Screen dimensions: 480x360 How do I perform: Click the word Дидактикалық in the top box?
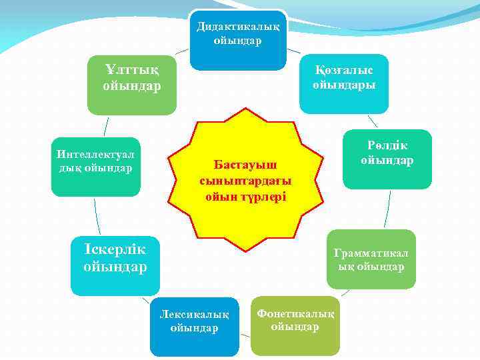coord(238,27)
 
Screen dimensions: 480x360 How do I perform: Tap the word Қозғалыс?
coord(344,71)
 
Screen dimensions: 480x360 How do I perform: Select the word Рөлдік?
coord(387,145)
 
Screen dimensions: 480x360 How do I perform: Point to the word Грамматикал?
coord(371,253)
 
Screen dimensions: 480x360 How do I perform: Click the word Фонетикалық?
coord(295,314)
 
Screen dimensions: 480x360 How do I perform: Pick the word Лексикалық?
coord(195,315)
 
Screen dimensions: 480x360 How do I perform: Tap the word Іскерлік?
coord(115,249)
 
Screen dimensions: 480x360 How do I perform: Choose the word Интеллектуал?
coord(95,154)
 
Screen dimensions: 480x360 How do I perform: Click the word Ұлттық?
coord(132,70)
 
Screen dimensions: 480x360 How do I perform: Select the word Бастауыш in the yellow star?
coord(245,165)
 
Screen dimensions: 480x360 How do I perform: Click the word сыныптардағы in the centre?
coord(245,181)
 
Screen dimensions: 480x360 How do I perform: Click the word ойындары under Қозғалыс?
coord(344,85)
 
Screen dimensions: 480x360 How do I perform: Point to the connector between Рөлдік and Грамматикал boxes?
coord(387,209)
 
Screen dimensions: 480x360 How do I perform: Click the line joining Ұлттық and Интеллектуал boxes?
coord(106,127)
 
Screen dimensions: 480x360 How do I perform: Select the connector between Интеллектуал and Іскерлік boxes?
coord(97,217)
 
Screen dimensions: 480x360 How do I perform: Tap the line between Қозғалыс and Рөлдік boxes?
coord(373,121)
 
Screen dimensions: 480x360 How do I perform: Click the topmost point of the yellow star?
coord(245,108)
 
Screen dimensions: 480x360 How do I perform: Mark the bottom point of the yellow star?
coord(245,251)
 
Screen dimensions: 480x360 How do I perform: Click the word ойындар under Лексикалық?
coord(195,329)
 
